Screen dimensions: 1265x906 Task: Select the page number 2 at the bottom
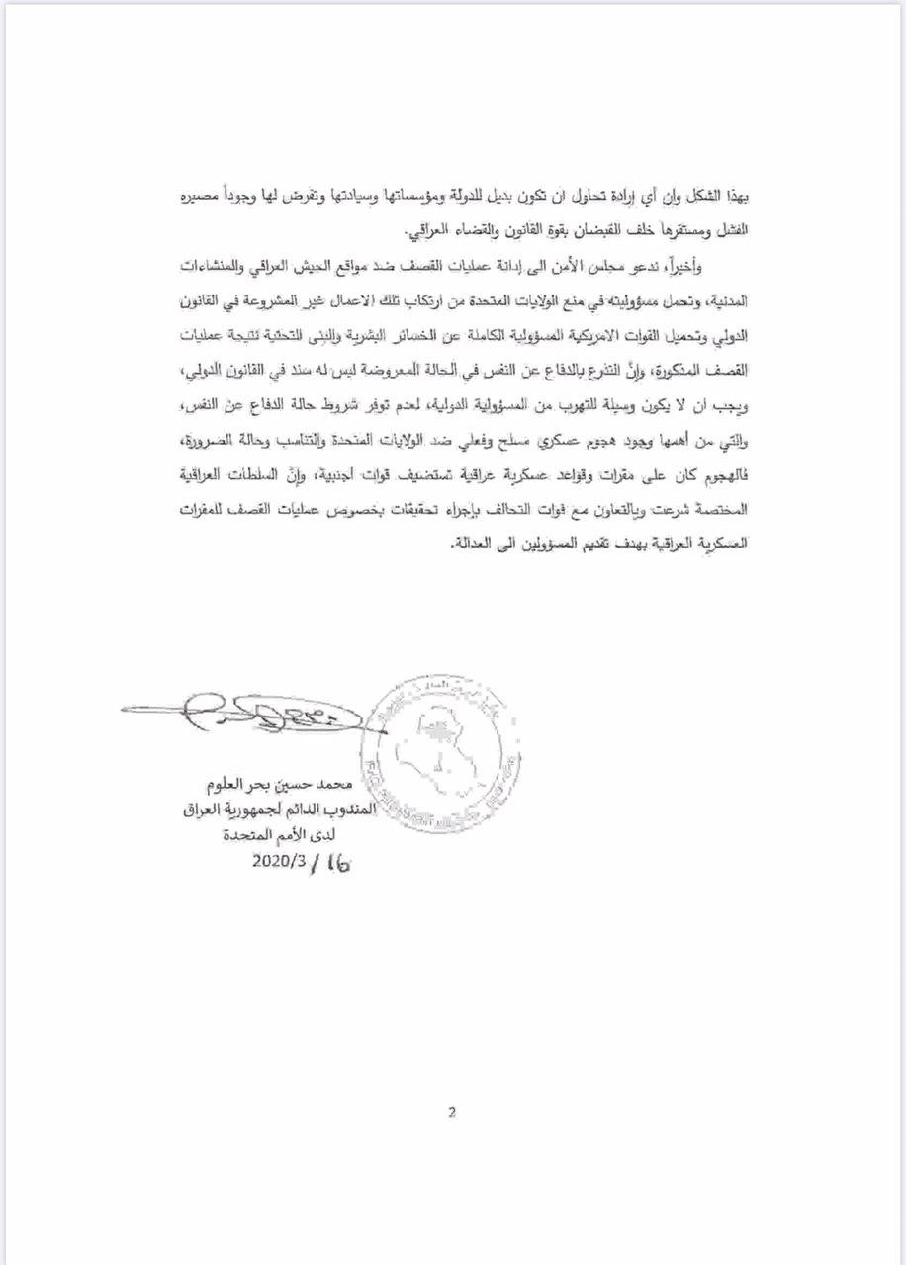[451, 1111]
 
